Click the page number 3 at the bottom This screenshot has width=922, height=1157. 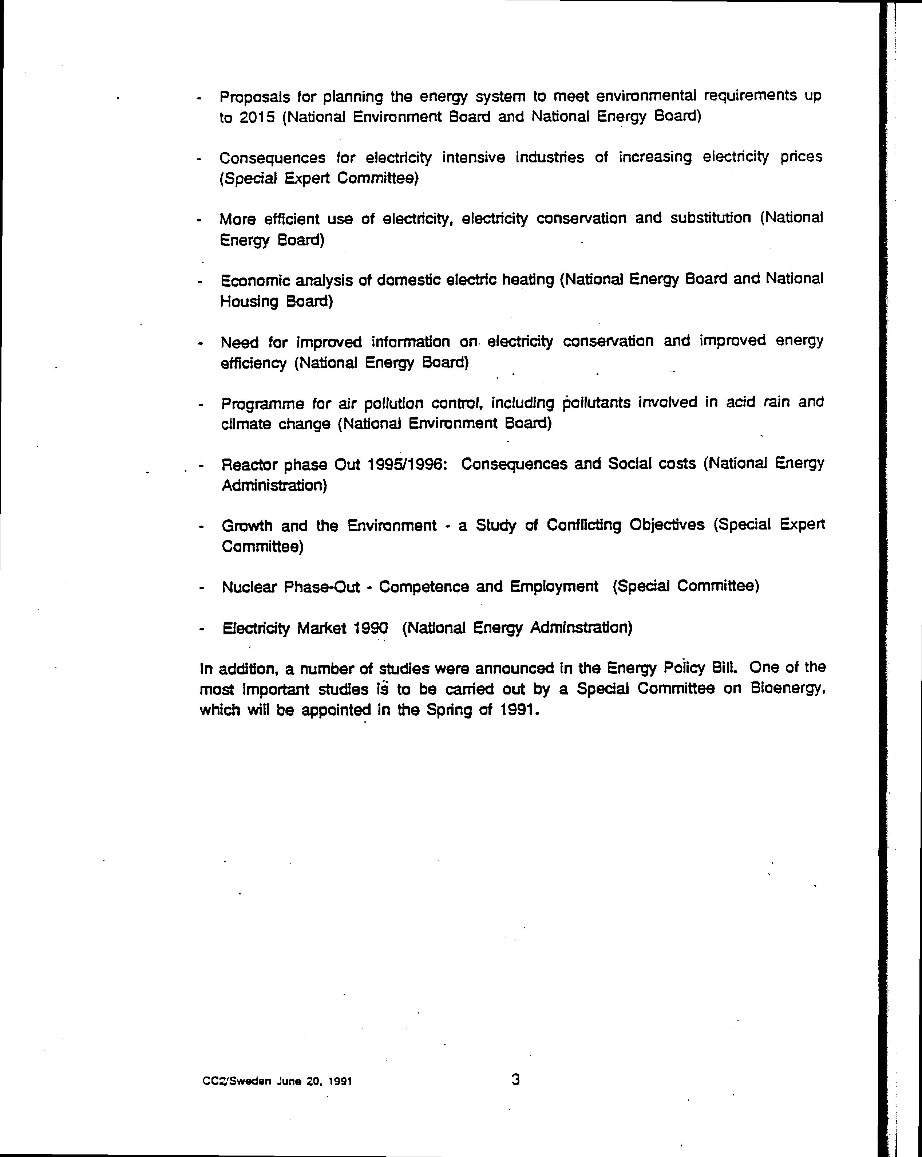click(515, 1079)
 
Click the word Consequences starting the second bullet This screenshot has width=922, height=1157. click(272, 158)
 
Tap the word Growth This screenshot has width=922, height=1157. click(247, 526)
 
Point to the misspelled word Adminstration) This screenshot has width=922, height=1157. click(581, 627)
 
